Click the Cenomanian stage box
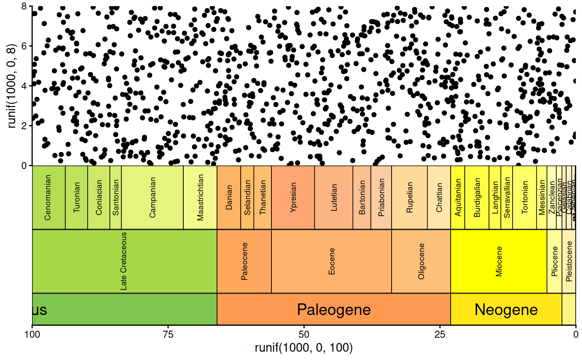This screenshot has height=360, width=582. tap(49, 197)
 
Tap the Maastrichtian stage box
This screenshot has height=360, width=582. tap(200, 197)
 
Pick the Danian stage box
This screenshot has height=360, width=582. tap(229, 197)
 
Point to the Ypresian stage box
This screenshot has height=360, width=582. tap(293, 197)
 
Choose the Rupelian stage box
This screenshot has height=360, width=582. tap(409, 197)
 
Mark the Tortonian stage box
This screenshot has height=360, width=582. tap(525, 197)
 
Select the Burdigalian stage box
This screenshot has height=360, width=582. tap(477, 197)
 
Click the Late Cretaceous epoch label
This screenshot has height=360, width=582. tap(123, 261)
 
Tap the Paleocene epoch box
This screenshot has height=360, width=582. tap(244, 261)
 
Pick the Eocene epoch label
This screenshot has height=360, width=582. tap(331, 261)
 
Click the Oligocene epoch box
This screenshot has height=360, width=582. tap(421, 261)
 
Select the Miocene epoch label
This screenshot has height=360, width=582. tap(499, 261)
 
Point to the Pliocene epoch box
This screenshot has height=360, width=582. tap(555, 261)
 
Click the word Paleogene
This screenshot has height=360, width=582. tap(334, 310)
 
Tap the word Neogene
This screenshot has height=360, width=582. tap(506, 310)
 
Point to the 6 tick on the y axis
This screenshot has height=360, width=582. tap(25, 46)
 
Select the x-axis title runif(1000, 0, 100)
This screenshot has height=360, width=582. tap(304, 348)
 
